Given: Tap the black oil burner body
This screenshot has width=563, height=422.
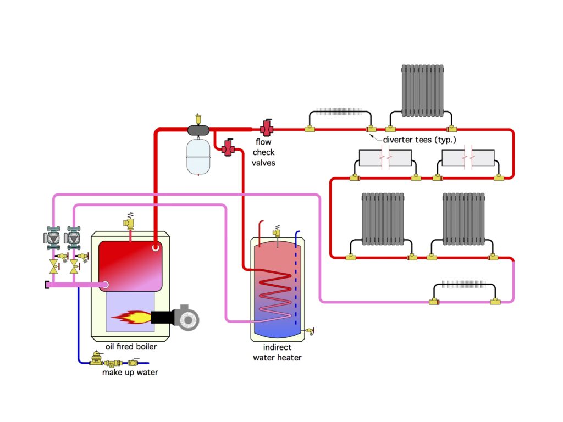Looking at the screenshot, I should pyautogui.click(x=162, y=317).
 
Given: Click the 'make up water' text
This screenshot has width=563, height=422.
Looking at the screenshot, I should pyautogui.click(x=130, y=373).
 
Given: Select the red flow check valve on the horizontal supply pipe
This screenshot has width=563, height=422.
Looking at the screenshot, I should pyautogui.click(x=268, y=127).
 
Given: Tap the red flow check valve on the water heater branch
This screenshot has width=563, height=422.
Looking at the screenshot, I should pyautogui.click(x=228, y=147).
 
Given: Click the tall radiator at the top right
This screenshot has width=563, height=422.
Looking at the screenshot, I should pyautogui.click(x=422, y=91).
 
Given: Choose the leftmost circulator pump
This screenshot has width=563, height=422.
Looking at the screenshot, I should pyautogui.click(x=53, y=238).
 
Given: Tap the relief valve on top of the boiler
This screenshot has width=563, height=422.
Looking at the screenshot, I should pyautogui.click(x=130, y=221).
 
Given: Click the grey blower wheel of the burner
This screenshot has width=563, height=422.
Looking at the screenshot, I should pyautogui.click(x=187, y=316).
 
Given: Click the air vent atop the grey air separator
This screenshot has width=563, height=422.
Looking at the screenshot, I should pyautogui.click(x=198, y=118).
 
